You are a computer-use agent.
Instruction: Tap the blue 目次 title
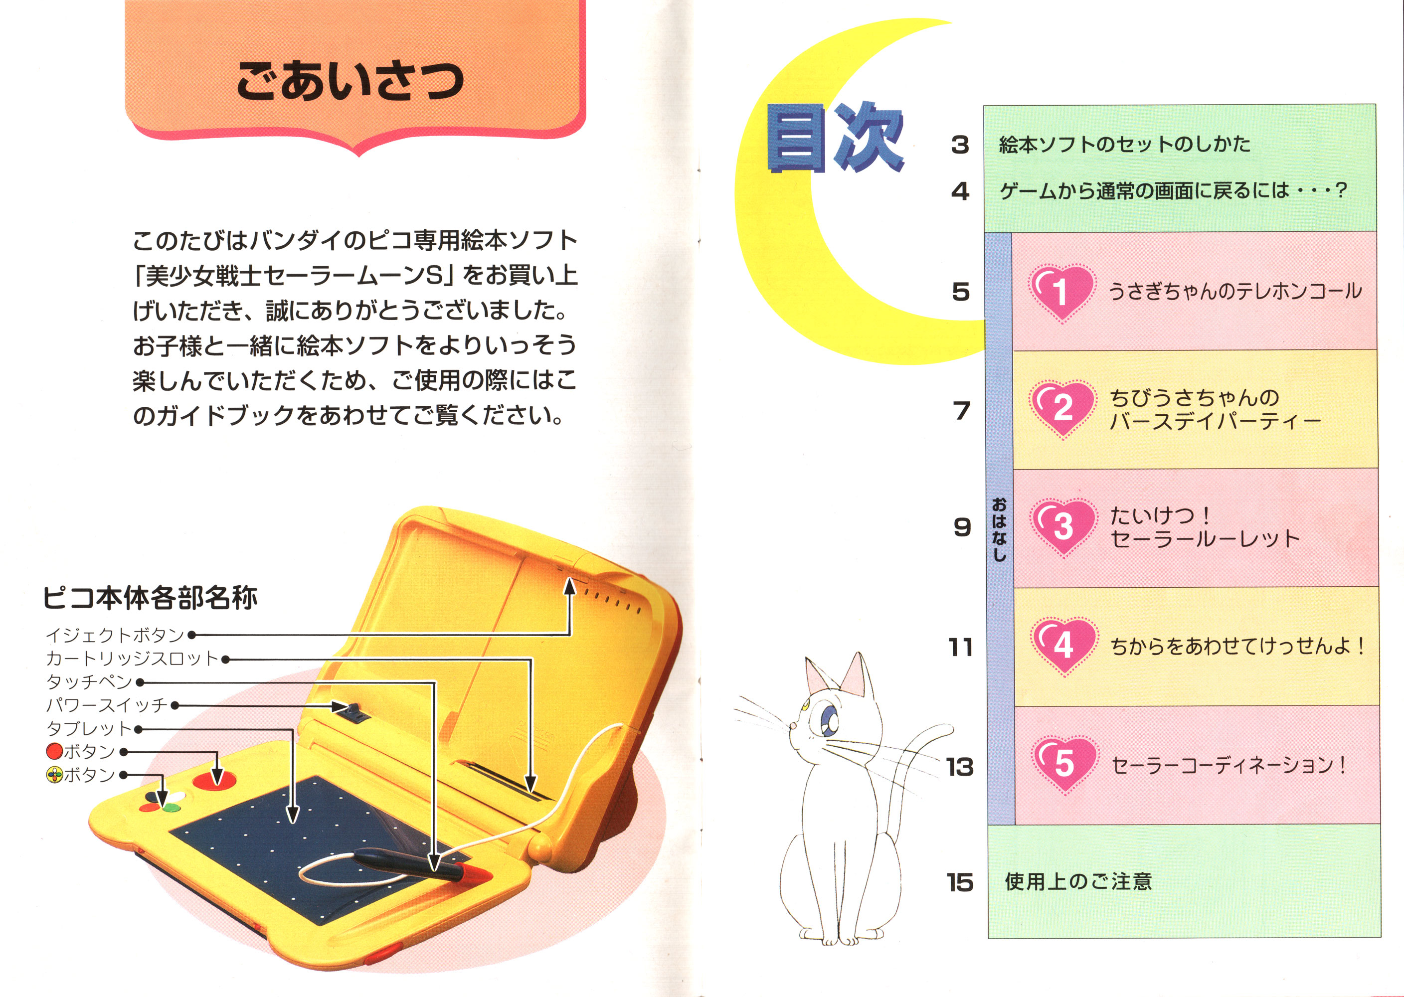[835, 138]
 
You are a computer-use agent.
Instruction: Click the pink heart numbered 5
[1064, 765]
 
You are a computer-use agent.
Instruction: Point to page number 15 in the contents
[960, 883]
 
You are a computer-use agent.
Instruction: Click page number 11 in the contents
[961, 647]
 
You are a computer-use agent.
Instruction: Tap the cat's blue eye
[831, 719]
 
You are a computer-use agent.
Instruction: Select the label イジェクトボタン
[115, 635]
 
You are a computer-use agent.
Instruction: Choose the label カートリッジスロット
[132, 659]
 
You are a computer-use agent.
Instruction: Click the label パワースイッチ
[107, 705]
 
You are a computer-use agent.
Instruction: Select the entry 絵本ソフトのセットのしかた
[1125, 144]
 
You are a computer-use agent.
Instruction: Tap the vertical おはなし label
[1000, 529]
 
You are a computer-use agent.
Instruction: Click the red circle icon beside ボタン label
[55, 751]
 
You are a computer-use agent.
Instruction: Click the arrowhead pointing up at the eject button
[570, 587]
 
